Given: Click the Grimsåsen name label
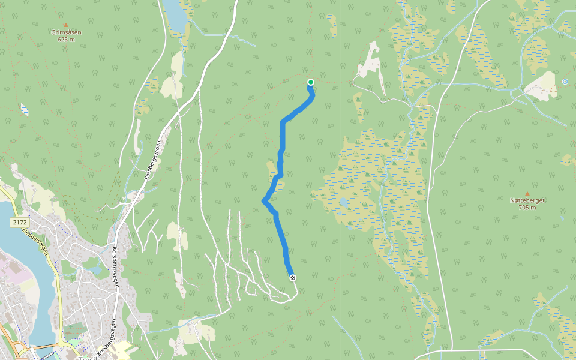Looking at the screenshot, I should tap(66, 32).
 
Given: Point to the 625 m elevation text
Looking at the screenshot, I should tap(66, 40).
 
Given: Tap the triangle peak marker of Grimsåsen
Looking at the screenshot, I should tap(66, 25).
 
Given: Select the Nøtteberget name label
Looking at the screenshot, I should tap(527, 200).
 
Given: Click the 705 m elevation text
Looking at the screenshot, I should tap(527, 208).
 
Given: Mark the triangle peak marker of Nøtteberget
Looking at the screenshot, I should tap(527, 193).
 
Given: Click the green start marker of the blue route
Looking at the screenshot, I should tap(311, 82).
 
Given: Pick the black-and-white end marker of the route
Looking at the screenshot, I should tap(293, 278).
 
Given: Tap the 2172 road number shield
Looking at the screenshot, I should tap(19, 223).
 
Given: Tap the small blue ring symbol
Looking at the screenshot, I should tap(565, 82).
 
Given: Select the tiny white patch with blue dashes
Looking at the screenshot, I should tap(25, 109).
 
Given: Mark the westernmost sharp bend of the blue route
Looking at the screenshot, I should tap(264, 201).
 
